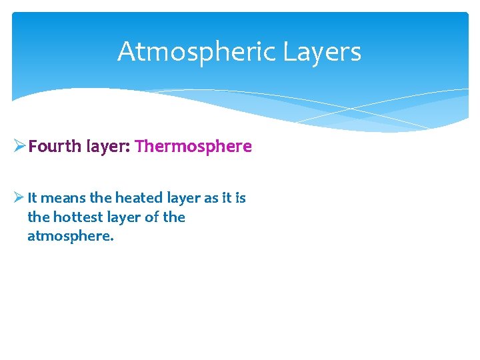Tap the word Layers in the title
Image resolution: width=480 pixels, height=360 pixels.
click(x=323, y=52)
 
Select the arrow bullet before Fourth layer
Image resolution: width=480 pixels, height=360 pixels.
click(x=19, y=146)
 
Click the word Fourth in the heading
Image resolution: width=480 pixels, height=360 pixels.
click(x=55, y=146)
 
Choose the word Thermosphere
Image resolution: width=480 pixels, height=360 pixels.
click(x=193, y=146)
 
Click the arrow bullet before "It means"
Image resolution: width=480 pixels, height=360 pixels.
click(x=19, y=198)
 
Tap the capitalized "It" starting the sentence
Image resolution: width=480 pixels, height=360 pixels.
click(x=33, y=198)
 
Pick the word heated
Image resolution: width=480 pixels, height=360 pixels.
click(x=137, y=198)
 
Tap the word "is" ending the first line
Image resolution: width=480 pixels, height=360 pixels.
click(x=241, y=198)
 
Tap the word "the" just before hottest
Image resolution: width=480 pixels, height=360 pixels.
click(x=38, y=217)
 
